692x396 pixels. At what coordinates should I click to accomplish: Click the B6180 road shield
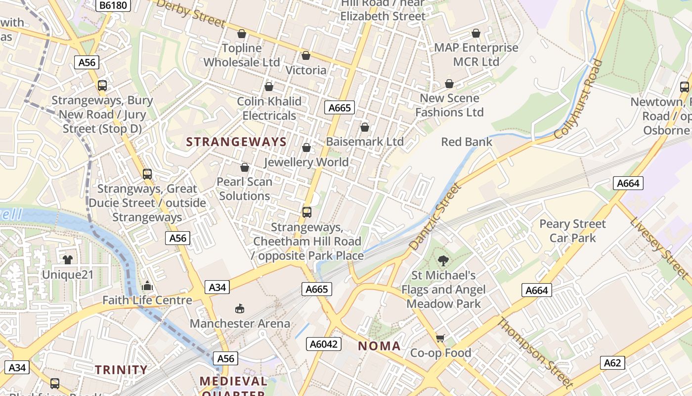click(x=113, y=5)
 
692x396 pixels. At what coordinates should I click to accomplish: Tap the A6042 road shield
click(x=324, y=344)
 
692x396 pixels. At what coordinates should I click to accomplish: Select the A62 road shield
click(x=612, y=363)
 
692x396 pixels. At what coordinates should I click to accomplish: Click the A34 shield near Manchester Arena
click(x=217, y=287)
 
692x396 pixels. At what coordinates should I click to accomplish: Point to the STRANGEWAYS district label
click(x=236, y=142)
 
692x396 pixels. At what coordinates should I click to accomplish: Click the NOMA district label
click(x=379, y=346)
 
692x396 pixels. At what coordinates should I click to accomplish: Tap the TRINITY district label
click(x=121, y=370)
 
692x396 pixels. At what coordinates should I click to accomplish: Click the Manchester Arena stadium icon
click(x=240, y=309)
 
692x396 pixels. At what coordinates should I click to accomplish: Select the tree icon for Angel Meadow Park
click(x=443, y=260)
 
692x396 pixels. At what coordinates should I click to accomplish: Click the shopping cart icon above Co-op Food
click(x=440, y=338)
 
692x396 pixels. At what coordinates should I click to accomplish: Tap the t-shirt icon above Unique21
click(x=68, y=259)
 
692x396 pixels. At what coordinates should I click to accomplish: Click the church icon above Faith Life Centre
click(x=147, y=286)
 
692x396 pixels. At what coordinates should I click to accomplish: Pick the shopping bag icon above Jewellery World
click(x=306, y=148)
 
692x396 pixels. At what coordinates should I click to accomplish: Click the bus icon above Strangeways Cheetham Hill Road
click(x=307, y=212)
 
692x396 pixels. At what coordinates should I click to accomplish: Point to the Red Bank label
click(x=467, y=142)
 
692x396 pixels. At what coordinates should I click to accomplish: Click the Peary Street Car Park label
click(x=572, y=231)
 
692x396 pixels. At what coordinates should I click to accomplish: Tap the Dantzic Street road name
click(x=435, y=216)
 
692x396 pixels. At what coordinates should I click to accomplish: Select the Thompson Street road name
click(x=535, y=352)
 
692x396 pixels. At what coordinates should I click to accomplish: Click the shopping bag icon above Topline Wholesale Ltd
click(x=242, y=34)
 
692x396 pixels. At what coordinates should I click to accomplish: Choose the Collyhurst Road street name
click(x=579, y=99)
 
